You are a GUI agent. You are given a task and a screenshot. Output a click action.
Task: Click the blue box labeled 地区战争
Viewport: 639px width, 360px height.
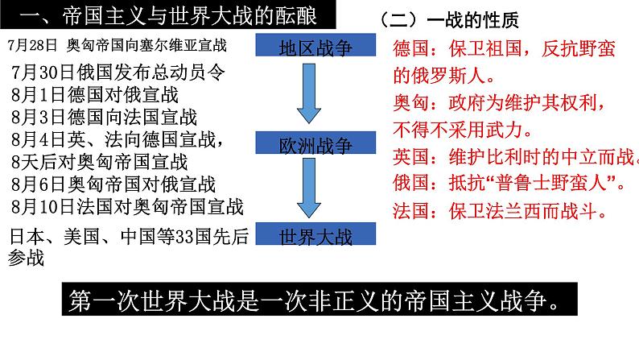point(315,45)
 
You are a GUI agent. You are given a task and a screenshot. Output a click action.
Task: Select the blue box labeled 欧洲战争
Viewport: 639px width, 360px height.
point(315,143)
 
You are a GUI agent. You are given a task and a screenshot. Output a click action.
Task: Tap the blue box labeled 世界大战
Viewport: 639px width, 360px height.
point(315,234)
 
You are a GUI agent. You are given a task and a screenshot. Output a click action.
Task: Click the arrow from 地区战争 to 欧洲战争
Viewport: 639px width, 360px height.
point(309,93)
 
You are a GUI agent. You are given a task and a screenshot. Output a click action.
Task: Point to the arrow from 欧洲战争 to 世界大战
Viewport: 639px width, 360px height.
point(309,188)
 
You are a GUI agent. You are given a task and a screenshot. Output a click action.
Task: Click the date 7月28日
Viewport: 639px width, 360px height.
point(32,45)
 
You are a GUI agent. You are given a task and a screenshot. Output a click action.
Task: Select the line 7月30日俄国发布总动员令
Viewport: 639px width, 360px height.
point(117,72)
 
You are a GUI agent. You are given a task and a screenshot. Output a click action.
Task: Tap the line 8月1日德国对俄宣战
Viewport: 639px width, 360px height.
point(94,94)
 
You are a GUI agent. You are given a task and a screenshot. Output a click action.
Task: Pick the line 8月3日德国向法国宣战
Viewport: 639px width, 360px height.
point(104,117)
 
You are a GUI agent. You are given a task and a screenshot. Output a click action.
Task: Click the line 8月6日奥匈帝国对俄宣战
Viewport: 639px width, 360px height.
point(113,184)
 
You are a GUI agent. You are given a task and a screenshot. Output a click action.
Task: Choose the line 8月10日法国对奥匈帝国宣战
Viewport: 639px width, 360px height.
point(127,207)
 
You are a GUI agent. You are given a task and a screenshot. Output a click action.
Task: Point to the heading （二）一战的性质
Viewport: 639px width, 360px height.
point(448,20)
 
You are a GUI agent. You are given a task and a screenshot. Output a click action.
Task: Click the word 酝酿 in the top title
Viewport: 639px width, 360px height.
point(299,16)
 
